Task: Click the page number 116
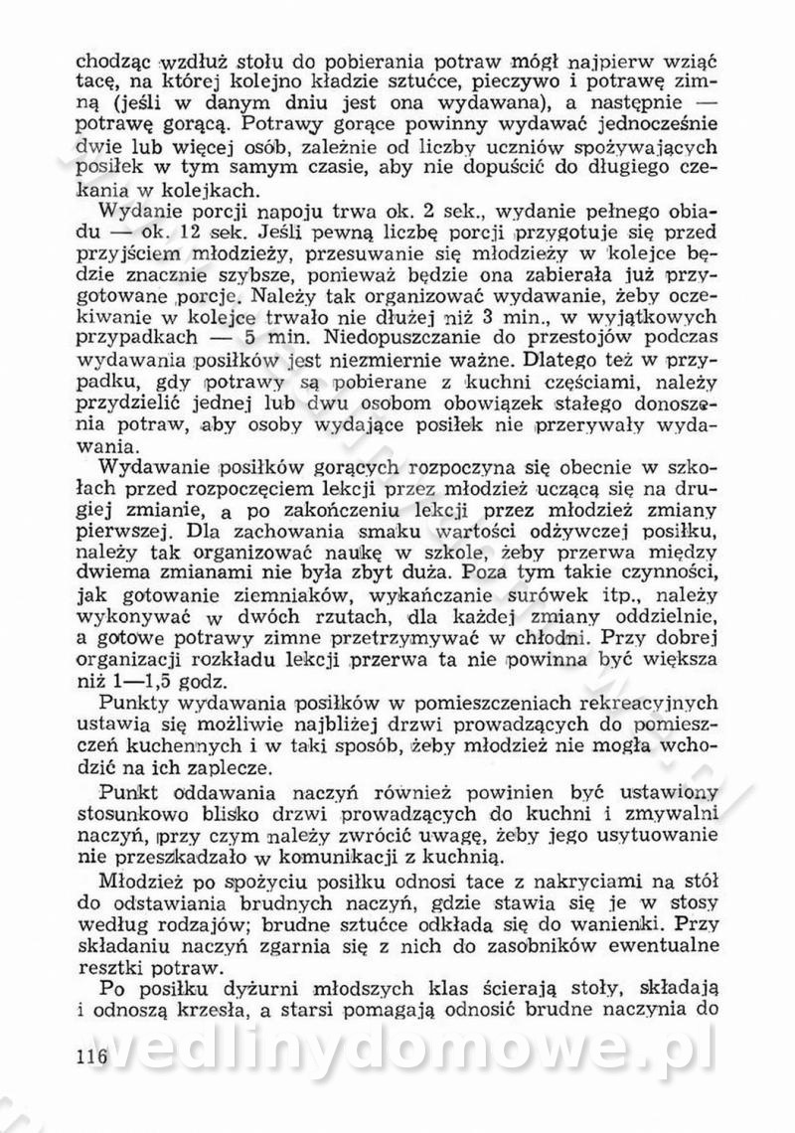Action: pos(91,1056)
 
